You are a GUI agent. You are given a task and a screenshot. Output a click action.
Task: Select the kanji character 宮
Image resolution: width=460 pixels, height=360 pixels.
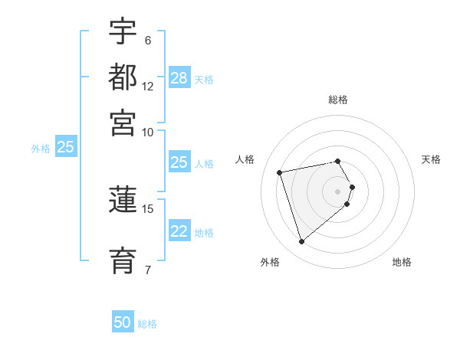click(123, 123)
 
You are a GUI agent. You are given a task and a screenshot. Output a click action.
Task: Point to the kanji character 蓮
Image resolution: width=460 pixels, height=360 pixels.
click(123, 201)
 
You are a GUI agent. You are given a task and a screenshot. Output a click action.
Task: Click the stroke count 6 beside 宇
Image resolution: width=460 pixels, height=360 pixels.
click(147, 40)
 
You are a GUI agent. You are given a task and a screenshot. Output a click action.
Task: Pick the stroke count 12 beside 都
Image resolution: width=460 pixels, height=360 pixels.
click(148, 86)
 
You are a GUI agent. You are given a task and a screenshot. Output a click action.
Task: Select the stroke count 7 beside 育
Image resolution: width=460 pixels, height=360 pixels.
click(147, 269)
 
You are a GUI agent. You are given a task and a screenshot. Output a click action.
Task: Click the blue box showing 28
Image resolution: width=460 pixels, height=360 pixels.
click(179, 78)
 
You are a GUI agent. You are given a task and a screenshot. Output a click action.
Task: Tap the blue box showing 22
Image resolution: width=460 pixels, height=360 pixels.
click(179, 231)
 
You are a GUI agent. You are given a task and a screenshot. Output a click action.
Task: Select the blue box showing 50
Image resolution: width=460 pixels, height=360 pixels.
click(123, 322)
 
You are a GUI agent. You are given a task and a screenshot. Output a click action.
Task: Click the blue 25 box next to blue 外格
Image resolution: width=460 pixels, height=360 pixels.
click(65, 147)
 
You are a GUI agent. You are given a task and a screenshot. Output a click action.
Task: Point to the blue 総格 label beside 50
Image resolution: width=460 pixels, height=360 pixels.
click(147, 324)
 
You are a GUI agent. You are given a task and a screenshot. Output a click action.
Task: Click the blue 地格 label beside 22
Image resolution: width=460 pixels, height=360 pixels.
click(204, 233)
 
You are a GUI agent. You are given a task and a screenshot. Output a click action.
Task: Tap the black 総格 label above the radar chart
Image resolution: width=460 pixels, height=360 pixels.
click(338, 100)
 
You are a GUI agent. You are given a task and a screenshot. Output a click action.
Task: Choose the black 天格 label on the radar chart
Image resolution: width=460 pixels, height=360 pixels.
click(431, 159)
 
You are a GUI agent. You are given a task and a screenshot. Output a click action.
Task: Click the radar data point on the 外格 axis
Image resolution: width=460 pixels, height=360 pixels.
click(301, 242)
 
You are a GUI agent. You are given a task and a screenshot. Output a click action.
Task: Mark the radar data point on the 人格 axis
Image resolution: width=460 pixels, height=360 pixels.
click(280, 172)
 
